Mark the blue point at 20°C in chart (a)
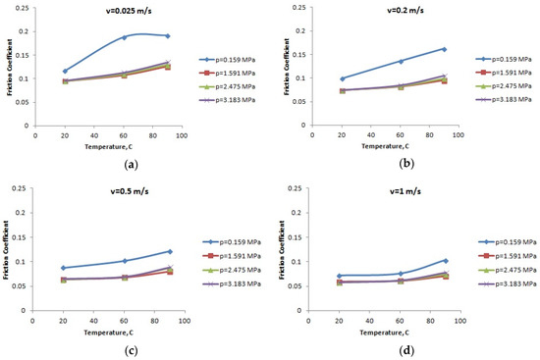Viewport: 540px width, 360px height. tap(65, 71)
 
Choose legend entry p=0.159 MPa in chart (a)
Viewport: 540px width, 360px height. tap(232, 59)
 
